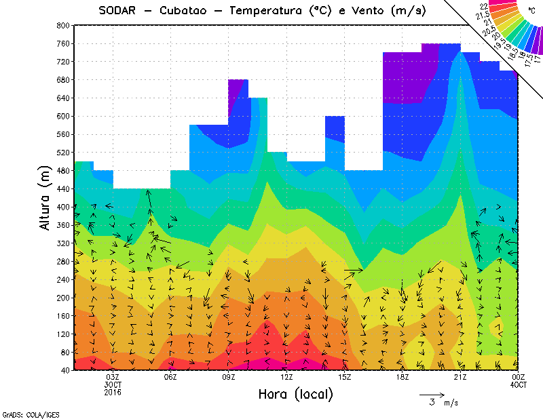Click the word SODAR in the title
[121, 11]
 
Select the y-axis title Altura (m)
[46, 197]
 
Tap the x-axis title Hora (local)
[295, 394]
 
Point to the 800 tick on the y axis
[62, 25]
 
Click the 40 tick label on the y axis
[64, 370]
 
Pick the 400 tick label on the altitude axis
[62, 207]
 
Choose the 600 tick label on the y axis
[62, 116]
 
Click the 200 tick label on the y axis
[62, 298]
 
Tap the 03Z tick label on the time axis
[113, 377]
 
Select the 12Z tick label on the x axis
[286, 377]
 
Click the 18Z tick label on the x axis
[402, 377]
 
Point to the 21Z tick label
[460, 377]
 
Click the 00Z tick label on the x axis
[519, 377]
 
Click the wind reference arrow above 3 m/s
[432, 394]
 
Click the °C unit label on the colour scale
[532, 10]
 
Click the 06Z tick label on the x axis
[170, 377]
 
